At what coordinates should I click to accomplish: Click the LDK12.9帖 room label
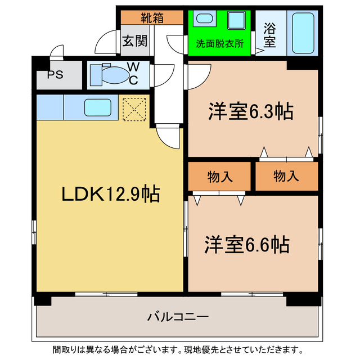[110, 194]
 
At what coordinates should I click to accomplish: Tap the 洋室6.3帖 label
[250, 111]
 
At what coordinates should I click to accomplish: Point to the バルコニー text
[178, 317]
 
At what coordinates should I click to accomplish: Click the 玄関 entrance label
[135, 41]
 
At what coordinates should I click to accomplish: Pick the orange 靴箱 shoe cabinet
[151, 17]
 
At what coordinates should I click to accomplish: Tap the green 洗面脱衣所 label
[219, 44]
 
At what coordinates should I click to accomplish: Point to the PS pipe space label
[55, 75]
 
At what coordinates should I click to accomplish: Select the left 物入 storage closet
[219, 177]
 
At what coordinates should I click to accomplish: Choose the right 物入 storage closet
[287, 177]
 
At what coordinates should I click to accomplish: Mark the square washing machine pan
[235, 22]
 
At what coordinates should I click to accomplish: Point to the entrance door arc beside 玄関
[106, 43]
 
